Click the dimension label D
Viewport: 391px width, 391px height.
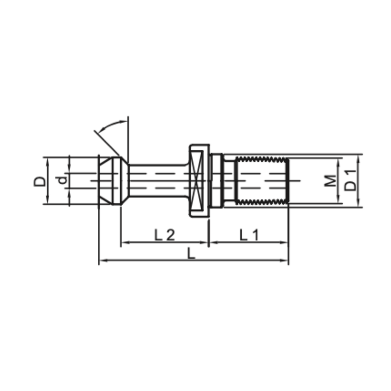click(x=40, y=181)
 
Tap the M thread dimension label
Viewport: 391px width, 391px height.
click(x=330, y=181)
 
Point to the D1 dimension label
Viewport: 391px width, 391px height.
click(x=350, y=180)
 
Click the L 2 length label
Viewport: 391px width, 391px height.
click(x=165, y=235)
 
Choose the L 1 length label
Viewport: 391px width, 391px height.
click(x=249, y=235)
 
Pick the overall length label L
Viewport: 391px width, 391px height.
click(x=191, y=253)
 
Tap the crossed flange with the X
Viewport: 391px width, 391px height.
click(x=199, y=180)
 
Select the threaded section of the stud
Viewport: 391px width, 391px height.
click(x=262, y=181)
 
